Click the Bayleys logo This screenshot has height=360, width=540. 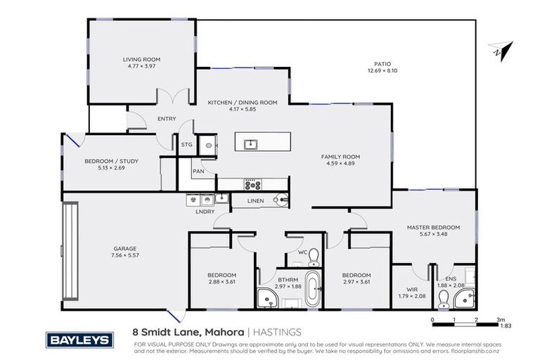pyautogui.click(x=79, y=340)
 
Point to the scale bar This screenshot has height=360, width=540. pyautogui.click(x=465, y=325)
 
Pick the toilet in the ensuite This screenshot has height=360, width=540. pyautogui.click(x=443, y=300)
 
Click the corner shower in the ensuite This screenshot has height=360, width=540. pyautogui.click(x=465, y=300)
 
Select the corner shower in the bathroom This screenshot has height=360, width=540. pyautogui.click(x=267, y=299)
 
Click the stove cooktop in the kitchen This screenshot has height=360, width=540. pyautogui.click(x=252, y=185)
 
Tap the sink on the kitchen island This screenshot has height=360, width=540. pyautogui.click(x=250, y=144)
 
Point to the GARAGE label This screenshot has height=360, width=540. pyautogui.click(x=125, y=248)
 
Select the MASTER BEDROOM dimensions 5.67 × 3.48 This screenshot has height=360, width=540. pyautogui.click(x=434, y=236)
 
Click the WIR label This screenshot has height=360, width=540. pyautogui.click(x=412, y=288)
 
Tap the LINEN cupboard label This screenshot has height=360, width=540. pyautogui.click(x=256, y=201)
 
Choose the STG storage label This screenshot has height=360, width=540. pyautogui.click(x=186, y=145)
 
